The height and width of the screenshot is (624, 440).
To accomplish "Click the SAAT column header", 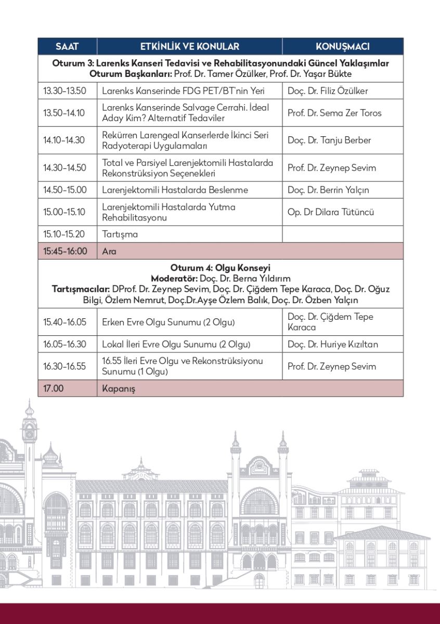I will pyautogui.click(x=67, y=46).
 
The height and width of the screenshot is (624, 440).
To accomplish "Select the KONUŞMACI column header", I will pyautogui.click(x=342, y=46).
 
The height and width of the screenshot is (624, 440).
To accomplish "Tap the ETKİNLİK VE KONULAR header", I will pyautogui.click(x=189, y=46).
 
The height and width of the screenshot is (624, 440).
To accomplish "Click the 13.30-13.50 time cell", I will pyautogui.click(x=64, y=91).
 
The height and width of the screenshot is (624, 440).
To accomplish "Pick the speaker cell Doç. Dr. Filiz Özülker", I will pyautogui.click(x=328, y=91).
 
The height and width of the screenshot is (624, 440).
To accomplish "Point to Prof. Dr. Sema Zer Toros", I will pyautogui.click(x=334, y=113).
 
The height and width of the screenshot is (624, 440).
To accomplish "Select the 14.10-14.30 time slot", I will pyautogui.click(x=64, y=140).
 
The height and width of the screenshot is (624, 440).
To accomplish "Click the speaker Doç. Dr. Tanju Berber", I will pyautogui.click(x=329, y=140).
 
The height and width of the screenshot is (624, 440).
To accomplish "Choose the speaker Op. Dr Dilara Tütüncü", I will pyautogui.click(x=331, y=212).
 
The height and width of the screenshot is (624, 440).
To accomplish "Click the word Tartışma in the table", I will pyautogui.click(x=120, y=234).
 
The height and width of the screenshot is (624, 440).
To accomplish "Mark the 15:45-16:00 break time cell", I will pyautogui.click(x=65, y=251).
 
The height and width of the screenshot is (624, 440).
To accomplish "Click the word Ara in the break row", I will pyautogui.click(x=109, y=251).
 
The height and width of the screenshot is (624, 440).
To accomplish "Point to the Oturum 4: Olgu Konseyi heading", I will pyautogui.click(x=220, y=268).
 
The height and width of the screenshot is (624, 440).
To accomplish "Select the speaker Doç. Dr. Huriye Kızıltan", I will pyautogui.click(x=333, y=344).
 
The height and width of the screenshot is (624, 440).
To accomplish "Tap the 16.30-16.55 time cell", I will pyautogui.click(x=64, y=367).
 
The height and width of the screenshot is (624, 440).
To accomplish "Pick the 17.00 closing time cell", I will pyautogui.click(x=53, y=388).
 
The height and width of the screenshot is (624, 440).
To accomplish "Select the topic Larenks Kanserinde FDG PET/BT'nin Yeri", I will pyautogui.click(x=184, y=91).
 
